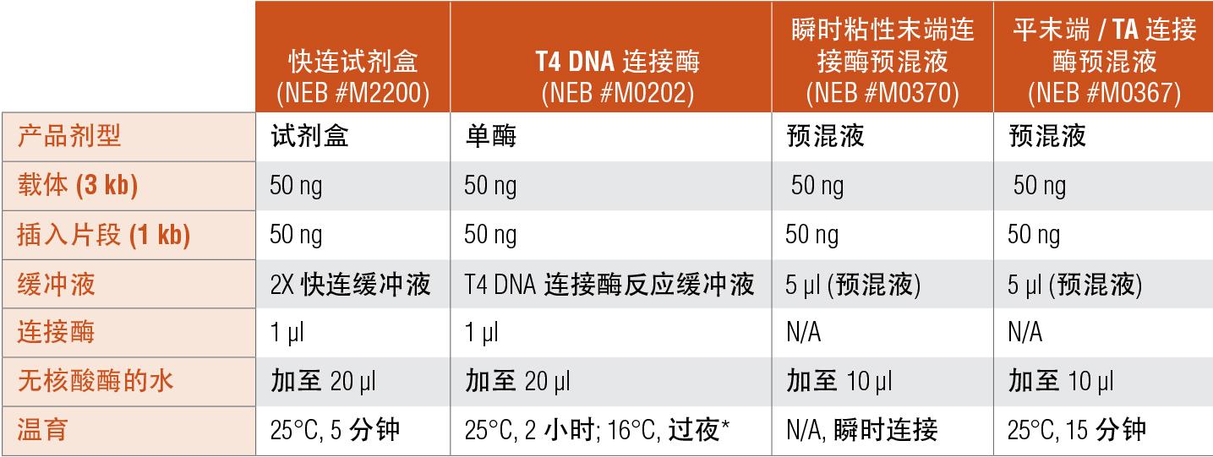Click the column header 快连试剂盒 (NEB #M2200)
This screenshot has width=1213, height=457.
point(352,76)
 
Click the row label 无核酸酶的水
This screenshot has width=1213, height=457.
point(95,381)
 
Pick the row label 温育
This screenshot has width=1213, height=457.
point(42,430)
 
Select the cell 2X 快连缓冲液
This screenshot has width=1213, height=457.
point(350,284)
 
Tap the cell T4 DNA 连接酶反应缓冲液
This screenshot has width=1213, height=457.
point(609,284)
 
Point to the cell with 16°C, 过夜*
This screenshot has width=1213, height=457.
point(596,430)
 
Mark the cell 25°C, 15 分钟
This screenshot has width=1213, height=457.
point(1076,430)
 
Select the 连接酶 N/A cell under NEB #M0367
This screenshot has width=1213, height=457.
point(1024,333)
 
